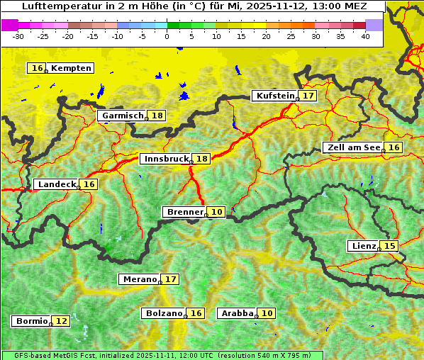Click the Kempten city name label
click(x=71, y=68)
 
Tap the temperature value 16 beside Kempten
click(x=37, y=68)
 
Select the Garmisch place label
click(x=123, y=116)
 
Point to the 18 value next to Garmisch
click(x=157, y=116)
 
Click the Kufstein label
click(x=274, y=96)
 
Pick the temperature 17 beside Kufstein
click(x=308, y=96)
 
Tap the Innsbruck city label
click(x=166, y=159)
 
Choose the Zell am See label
click(x=352, y=147)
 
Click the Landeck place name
click(x=57, y=184)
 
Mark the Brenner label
click(x=184, y=212)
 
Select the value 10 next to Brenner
click(x=217, y=212)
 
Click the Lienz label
click(x=363, y=246)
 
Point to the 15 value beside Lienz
click(x=389, y=246)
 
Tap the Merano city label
click(x=139, y=279)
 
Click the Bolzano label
click(x=164, y=313)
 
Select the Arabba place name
click(x=238, y=313)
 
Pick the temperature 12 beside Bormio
click(x=62, y=321)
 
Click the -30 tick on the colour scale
click(x=18, y=36)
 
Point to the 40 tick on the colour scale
click(x=365, y=36)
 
